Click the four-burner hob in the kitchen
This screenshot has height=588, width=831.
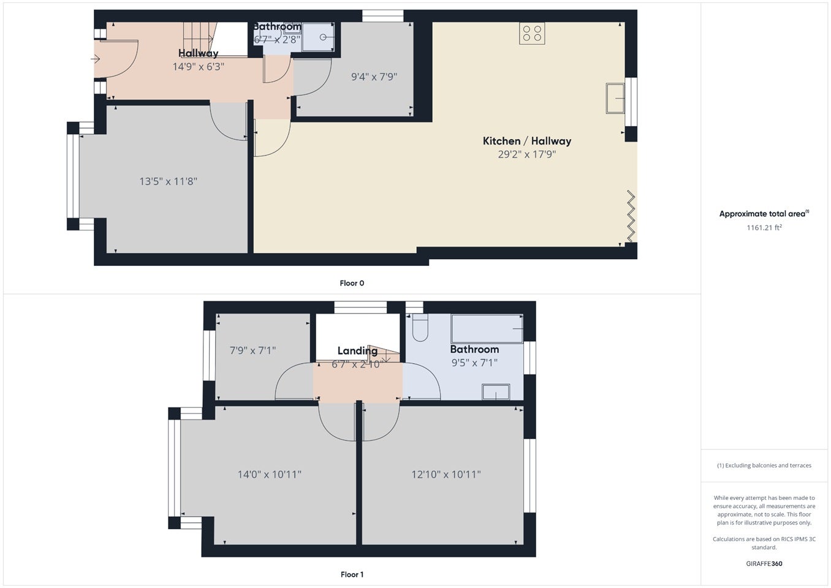pos(532,33)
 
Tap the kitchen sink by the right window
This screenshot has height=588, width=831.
pos(615,98)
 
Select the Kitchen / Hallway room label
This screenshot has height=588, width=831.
pos(527,141)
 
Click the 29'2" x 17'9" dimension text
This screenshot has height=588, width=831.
pos(527,154)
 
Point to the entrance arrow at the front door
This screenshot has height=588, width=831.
pos(96,59)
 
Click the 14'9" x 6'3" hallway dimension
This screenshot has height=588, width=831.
pos(199,67)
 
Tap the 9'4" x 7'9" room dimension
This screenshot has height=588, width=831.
pos(374,77)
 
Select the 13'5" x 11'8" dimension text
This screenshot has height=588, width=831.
pos(168,181)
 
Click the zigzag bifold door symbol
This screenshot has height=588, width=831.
pos(631,216)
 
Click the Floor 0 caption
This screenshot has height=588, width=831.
pos(352,283)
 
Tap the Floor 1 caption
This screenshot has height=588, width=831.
pos(352,575)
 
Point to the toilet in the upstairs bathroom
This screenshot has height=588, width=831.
pos(420,328)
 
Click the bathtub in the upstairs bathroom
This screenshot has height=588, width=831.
pos(487,329)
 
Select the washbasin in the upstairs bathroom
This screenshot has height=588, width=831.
pos(496,392)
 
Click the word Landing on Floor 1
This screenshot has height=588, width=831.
pos(357,351)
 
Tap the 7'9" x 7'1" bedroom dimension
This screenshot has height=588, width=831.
pos(252,350)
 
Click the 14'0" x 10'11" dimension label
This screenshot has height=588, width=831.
pos(269,474)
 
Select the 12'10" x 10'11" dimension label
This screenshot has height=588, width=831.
pos(446,474)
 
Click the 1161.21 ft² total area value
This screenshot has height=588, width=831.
pos(764,228)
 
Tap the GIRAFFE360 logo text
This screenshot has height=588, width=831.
pos(764,564)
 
